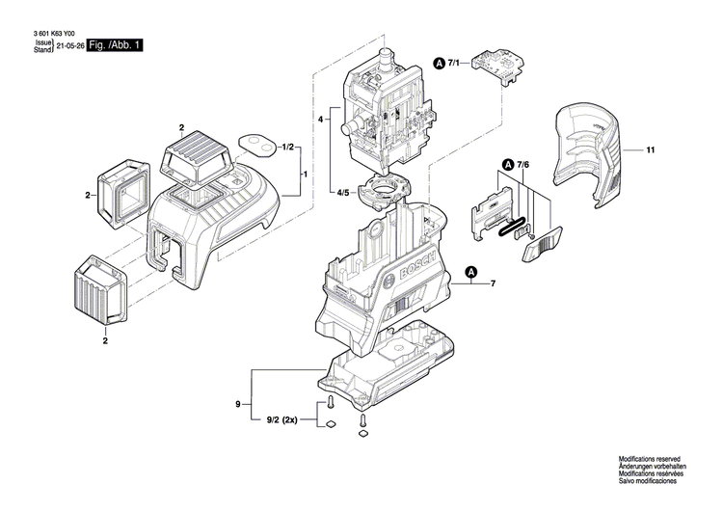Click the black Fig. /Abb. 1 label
pos(115,45)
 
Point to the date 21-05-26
pos(70,45)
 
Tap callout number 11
pos(651,150)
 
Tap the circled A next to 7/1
pos(441,63)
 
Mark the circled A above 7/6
pos(506,165)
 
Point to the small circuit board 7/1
pos(495,70)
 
